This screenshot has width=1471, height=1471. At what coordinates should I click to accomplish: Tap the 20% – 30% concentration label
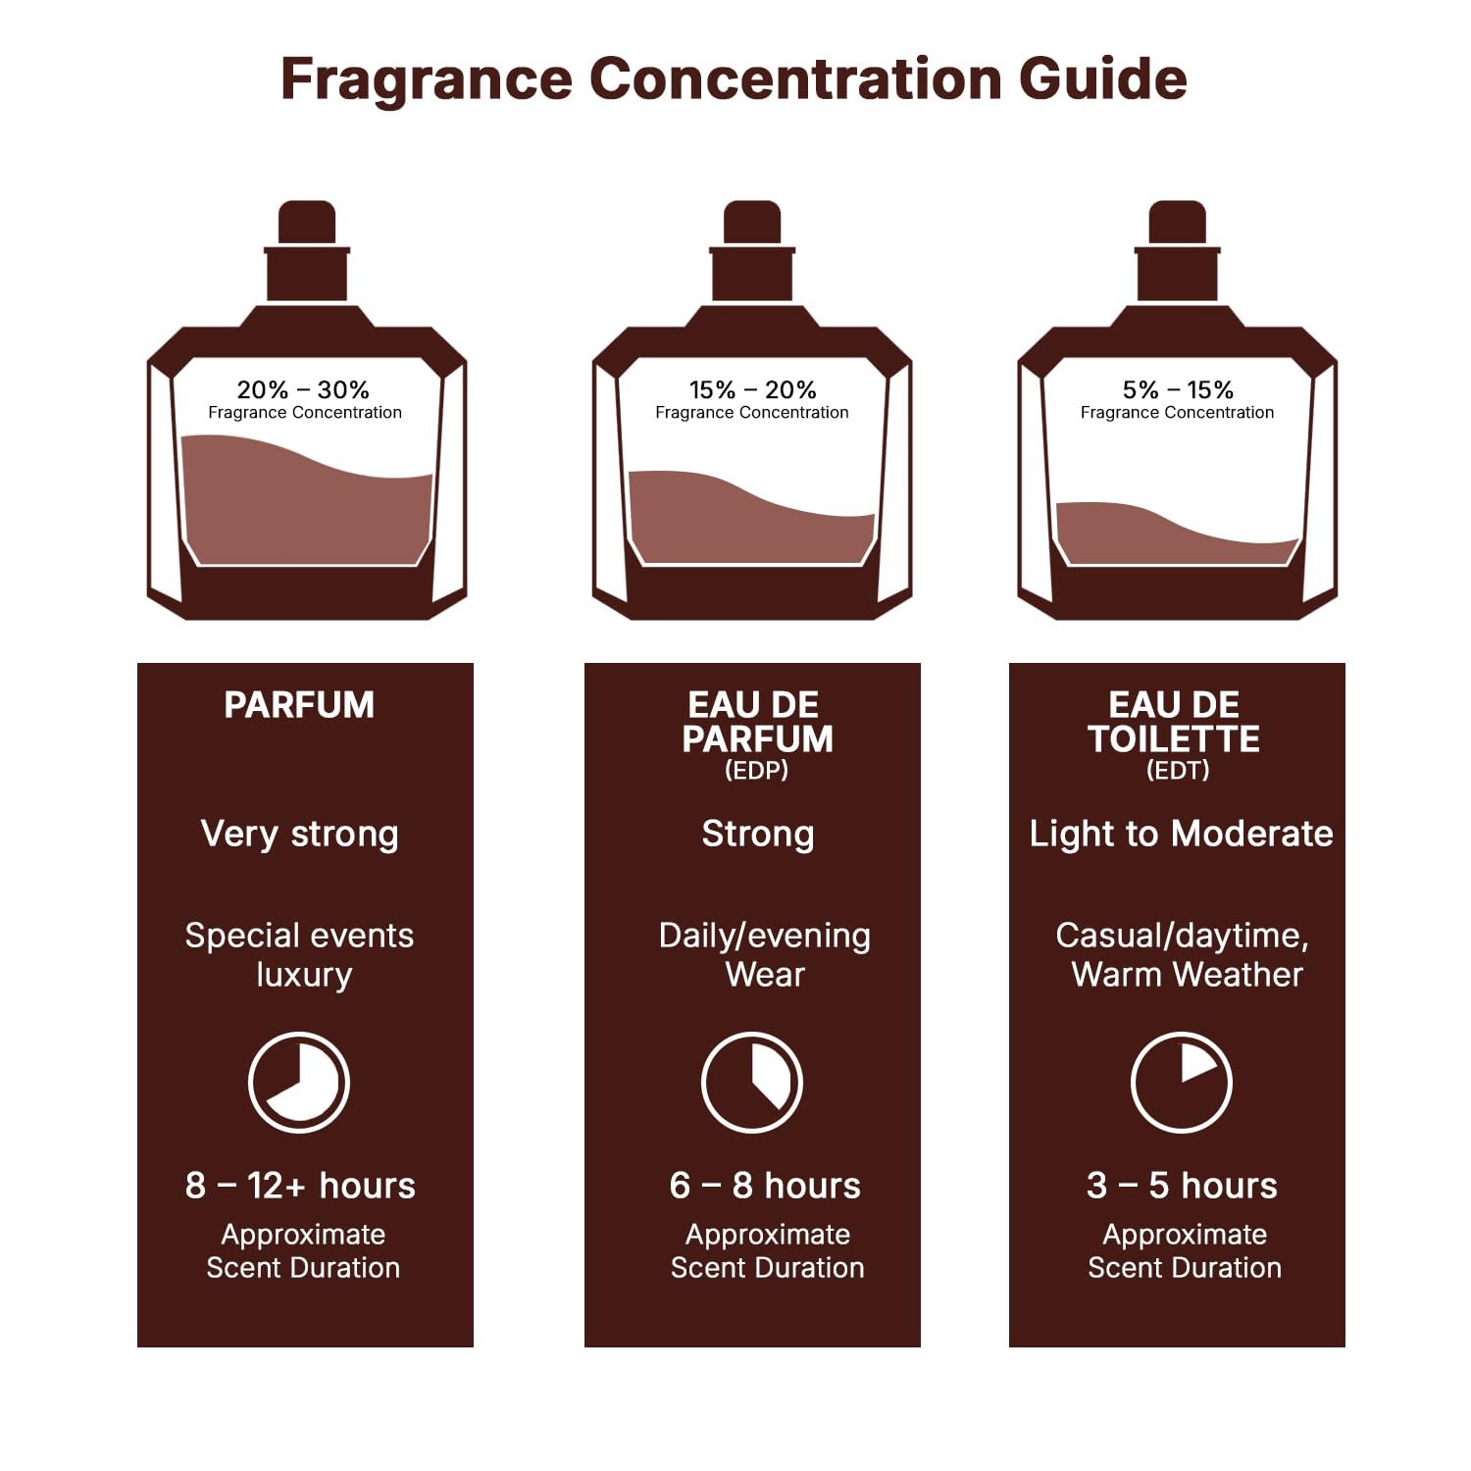coord(303,389)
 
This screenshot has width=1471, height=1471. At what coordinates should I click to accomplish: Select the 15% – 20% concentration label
coord(752,389)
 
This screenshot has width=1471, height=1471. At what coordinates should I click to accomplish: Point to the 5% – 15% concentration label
coord(1178,389)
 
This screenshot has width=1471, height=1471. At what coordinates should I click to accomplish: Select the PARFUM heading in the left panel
coord(299,705)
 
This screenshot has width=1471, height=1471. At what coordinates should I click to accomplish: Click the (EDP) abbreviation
coord(756,771)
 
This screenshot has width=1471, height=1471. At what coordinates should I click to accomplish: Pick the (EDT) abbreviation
coord(1178,771)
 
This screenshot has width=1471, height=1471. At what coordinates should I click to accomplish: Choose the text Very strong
coord(299,834)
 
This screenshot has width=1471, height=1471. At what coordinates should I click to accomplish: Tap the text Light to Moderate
coord(1181,834)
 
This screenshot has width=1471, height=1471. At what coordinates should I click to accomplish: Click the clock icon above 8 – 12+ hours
coord(299,1083)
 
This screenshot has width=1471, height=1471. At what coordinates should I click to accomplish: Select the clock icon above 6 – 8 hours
coord(752,1083)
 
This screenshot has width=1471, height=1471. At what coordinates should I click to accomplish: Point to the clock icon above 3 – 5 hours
coord(1181,1083)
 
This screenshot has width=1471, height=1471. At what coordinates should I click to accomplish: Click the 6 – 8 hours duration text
coord(765,1186)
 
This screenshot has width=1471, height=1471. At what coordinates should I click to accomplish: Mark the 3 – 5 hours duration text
coord(1182,1186)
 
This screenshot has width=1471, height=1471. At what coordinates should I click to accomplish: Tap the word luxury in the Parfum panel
coord(304,975)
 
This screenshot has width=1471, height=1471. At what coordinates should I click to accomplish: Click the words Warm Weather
coord(1187,975)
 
